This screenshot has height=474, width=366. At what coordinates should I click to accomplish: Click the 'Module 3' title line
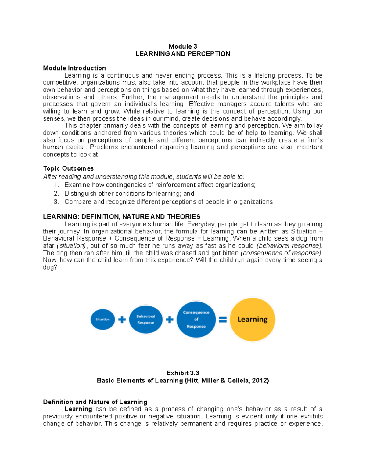(183, 46)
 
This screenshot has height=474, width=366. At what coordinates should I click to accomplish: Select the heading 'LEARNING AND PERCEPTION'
(183, 54)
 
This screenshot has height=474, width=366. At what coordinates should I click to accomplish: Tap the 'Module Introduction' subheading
(74, 68)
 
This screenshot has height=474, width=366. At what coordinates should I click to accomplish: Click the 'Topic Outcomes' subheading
(68, 168)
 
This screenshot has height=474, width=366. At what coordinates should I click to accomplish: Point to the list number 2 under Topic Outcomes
(56, 194)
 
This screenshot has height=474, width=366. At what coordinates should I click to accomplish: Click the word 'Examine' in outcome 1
(77, 185)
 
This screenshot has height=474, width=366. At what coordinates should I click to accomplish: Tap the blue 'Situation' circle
(103, 320)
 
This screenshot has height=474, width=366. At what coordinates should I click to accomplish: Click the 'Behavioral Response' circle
(146, 320)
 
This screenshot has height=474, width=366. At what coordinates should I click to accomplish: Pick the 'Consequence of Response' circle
(196, 320)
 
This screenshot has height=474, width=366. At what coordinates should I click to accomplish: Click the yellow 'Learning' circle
(253, 320)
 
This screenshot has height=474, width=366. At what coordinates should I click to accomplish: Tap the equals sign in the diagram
(223, 320)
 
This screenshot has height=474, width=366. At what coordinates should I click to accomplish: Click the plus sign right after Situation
(122, 320)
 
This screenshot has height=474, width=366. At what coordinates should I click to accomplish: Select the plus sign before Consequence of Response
(170, 320)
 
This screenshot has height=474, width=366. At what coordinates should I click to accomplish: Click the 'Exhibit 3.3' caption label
(183, 373)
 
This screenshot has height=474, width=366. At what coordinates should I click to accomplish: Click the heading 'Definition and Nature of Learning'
(95, 402)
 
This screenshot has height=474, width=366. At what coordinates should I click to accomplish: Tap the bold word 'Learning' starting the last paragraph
(78, 409)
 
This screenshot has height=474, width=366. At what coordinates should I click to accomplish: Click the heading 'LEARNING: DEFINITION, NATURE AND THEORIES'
(122, 217)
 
